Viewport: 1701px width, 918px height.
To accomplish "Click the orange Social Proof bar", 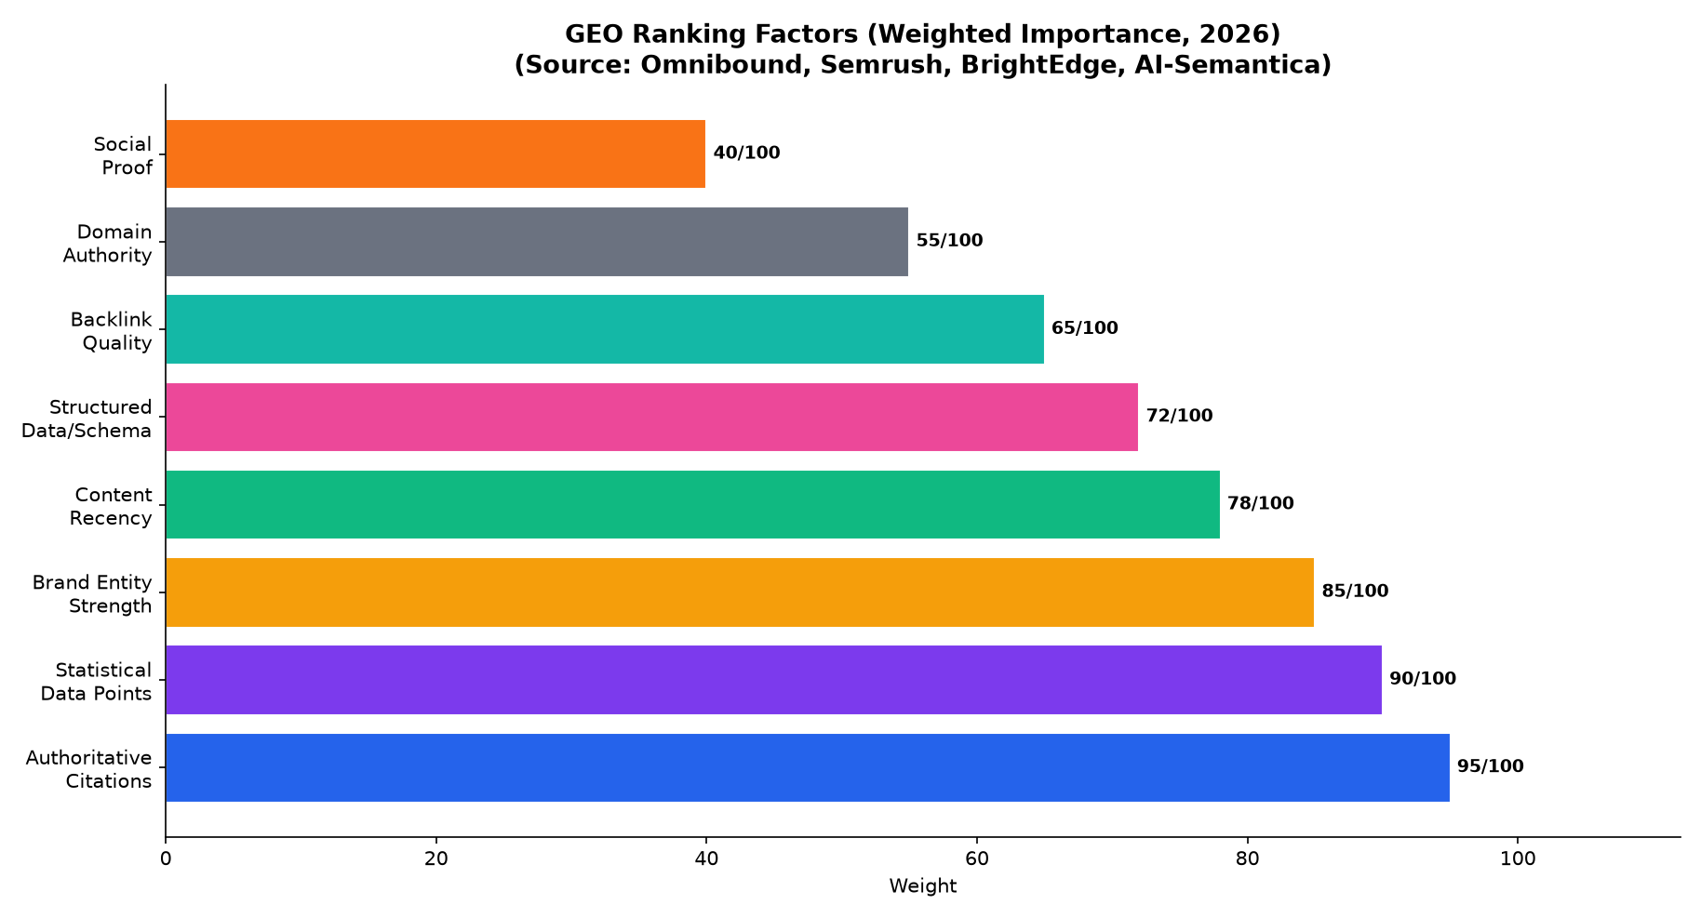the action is (435, 153).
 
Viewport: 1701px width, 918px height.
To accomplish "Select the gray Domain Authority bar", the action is (537, 242).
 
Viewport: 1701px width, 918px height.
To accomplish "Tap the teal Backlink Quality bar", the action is (605, 329).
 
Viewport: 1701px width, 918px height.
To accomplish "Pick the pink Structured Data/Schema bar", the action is (652, 417).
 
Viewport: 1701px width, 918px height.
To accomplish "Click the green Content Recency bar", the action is (693, 504).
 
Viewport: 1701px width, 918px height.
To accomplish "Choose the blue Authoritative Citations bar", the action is (808, 767).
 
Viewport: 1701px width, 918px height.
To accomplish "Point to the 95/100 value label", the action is (1491, 766).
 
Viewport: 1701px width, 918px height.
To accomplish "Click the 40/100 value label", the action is (747, 153).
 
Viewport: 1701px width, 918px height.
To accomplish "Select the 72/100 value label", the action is (1180, 416).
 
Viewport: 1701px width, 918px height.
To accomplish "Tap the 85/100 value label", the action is (1356, 591).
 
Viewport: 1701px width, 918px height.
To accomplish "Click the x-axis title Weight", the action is (923, 886).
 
